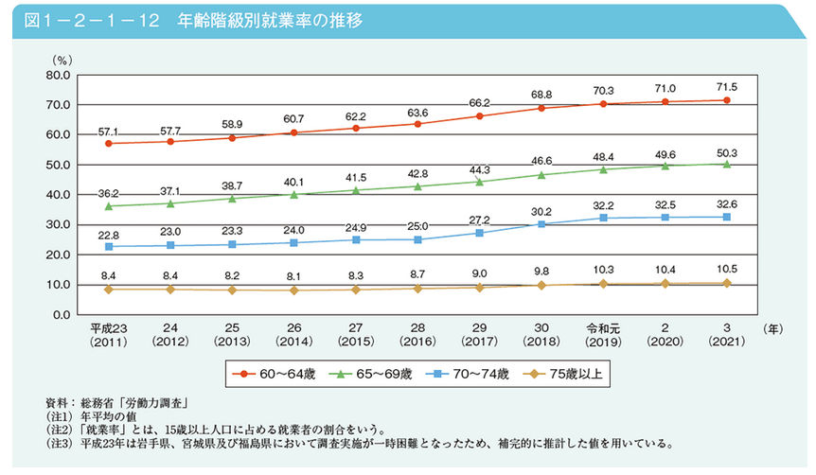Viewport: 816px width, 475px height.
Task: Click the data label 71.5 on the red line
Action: click(x=726, y=87)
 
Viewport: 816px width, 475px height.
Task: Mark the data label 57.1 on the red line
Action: click(x=110, y=131)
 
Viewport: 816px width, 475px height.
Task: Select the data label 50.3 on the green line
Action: click(x=726, y=151)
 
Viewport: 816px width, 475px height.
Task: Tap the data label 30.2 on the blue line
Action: click(x=541, y=211)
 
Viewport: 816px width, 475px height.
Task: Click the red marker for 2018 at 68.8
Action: click(x=541, y=108)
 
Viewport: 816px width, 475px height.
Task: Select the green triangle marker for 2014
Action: click(x=294, y=194)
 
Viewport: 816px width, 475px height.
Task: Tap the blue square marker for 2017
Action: click(x=480, y=233)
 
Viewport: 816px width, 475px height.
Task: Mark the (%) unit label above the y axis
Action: click(x=62, y=60)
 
